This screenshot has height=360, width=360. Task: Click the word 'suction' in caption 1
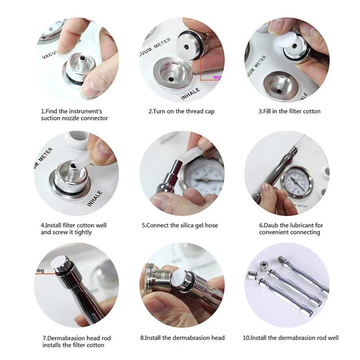pos(51,118)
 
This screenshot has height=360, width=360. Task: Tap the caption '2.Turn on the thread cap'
pos(181,111)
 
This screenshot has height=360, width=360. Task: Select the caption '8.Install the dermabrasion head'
pos(182,338)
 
